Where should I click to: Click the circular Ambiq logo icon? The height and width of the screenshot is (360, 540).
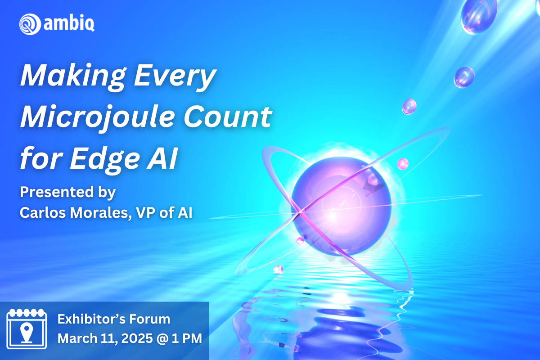(30, 24)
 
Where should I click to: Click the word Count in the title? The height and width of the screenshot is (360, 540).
(228, 117)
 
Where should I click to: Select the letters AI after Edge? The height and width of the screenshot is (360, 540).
(162, 158)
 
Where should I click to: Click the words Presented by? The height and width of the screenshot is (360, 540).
(68, 193)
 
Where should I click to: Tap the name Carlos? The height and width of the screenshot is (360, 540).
(43, 213)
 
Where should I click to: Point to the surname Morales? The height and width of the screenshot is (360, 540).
(101, 213)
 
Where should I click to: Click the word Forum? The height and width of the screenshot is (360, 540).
(150, 319)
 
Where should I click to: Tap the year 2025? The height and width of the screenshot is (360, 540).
(137, 338)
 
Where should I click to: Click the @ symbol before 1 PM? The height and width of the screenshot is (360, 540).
(162, 339)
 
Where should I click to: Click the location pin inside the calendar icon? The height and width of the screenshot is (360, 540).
(27, 333)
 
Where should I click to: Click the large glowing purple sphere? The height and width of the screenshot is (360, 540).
(341, 207)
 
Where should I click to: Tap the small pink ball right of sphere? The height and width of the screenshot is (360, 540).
(403, 164)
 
